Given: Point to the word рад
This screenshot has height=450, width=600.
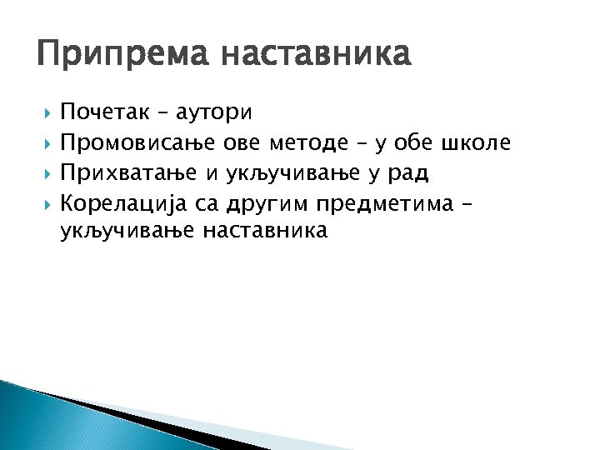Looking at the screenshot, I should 408,173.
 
